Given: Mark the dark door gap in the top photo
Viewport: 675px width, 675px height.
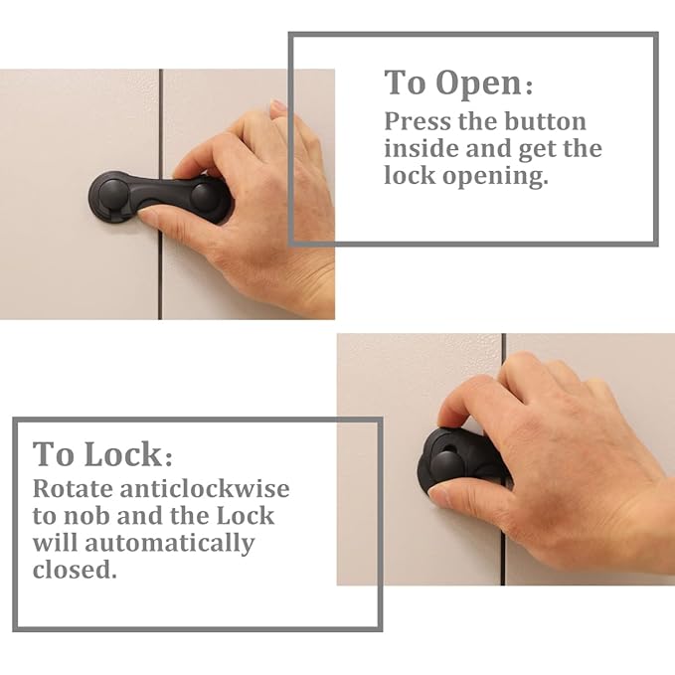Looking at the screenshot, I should pyautogui.click(x=160, y=268).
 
